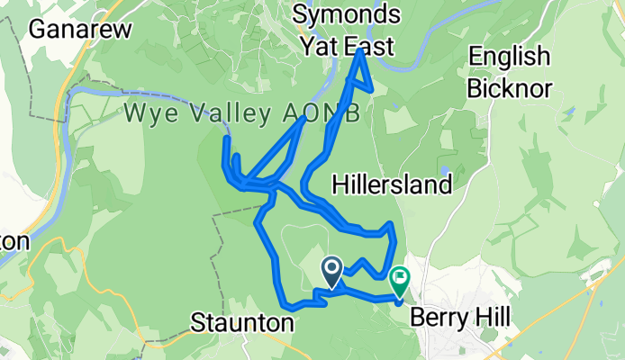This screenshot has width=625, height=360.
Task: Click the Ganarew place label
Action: coord(80,29)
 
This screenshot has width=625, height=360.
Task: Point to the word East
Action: coord(369,45)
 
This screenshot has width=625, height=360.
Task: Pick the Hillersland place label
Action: coord(391,186)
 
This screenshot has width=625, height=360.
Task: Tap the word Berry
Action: coord(441,318)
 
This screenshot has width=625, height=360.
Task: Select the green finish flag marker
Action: coord(400,282)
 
